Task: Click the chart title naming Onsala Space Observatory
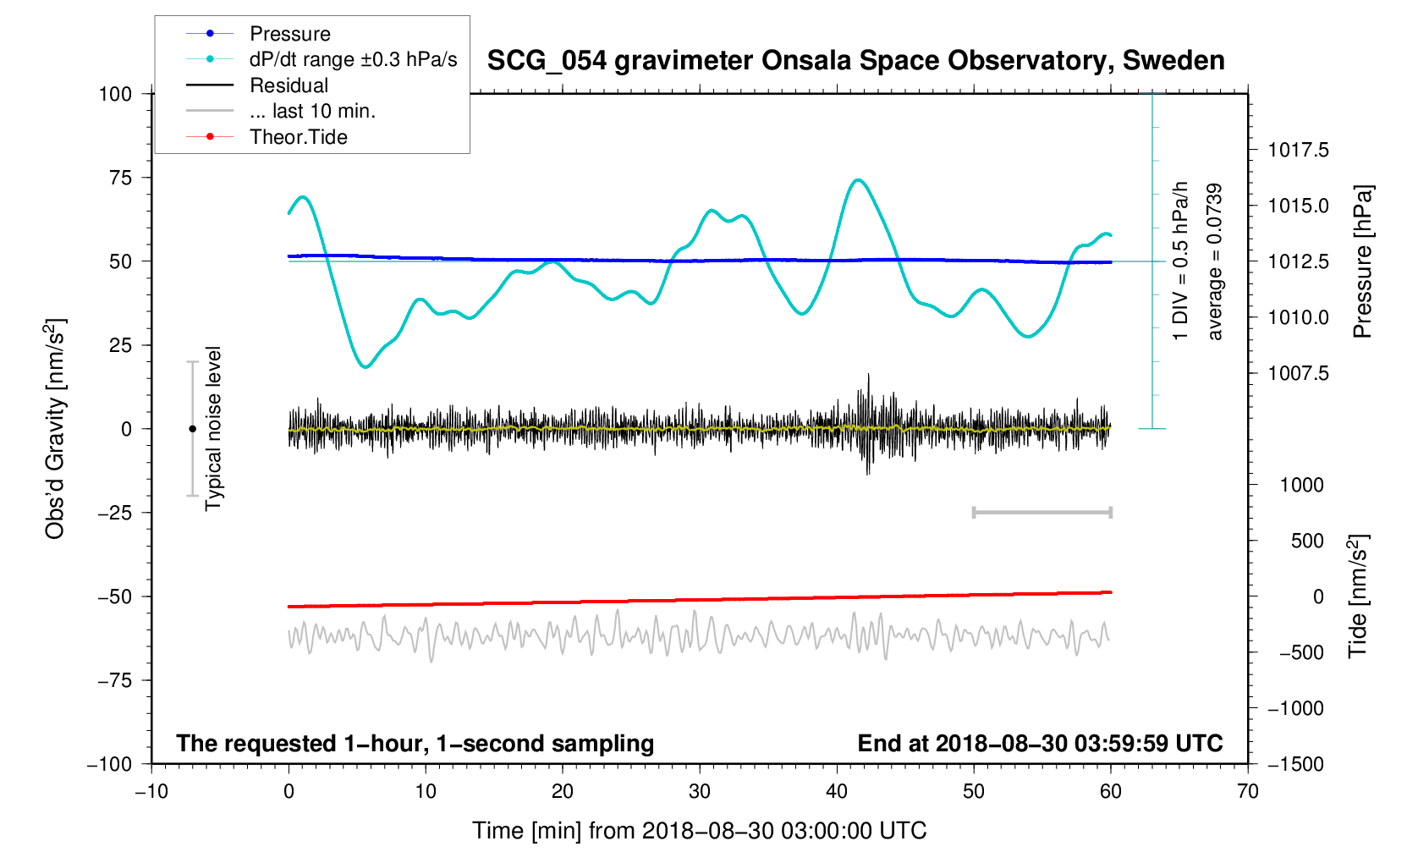[855, 60]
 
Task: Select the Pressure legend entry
[289, 34]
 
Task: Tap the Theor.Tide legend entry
[298, 137]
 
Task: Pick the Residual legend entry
[289, 85]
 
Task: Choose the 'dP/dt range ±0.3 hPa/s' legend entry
[353, 59]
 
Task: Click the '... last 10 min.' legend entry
[312, 111]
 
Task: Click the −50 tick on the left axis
[115, 596]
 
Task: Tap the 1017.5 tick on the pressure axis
[1298, 151]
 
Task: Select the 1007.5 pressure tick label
[1298, 373]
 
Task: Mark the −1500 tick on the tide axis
[1295, 764]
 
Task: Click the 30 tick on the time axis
[700, 792]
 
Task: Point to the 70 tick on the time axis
[1247, 792]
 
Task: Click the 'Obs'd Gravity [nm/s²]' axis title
[55, 429]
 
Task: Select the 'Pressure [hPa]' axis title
[1361, 261]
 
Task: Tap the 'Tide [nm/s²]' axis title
[1358, 596]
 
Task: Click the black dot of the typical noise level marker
[192, 429]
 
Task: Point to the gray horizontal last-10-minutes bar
[1042, 513]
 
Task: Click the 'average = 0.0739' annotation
[1215, 261]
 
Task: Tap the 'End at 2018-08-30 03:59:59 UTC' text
[1040, 744]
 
